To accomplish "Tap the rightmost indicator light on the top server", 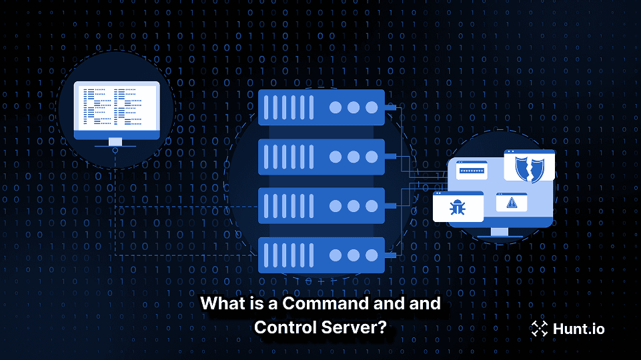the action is coord(370,107).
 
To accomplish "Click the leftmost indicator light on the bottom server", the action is coord(336,255).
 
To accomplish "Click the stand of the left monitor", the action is coord(116,141).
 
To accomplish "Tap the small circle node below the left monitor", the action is coord(116,151).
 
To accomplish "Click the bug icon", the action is coord(458,207).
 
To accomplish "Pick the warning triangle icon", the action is coord(512,202).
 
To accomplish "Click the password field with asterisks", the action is coord(472,171).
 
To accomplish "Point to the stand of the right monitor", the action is coord(499,231).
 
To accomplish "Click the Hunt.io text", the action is coord(578,327).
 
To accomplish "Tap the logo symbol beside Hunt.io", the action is coord(539,327).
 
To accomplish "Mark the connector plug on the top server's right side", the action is coord(390,107).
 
